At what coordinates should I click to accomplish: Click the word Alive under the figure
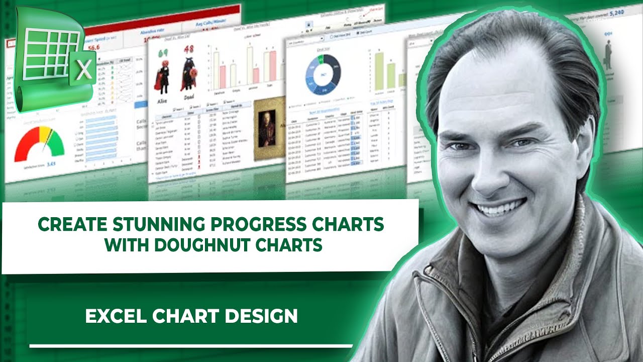tap(162, 100)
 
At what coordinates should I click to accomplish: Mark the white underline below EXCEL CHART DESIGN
tap(191, 346)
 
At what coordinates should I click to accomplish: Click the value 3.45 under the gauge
tap(51, 164)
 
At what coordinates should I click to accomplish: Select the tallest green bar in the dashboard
tap(379, 70)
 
